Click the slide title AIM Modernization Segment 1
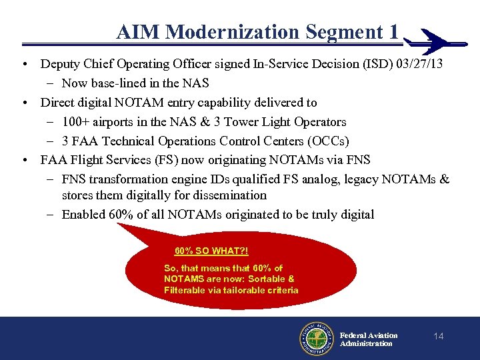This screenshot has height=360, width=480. (257, 31)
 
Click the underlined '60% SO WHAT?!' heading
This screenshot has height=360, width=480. (211, 251)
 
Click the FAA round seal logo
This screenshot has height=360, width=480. (316, 339)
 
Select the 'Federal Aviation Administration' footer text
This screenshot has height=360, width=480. (369, 339)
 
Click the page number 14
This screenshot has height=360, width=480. (438, 336)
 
